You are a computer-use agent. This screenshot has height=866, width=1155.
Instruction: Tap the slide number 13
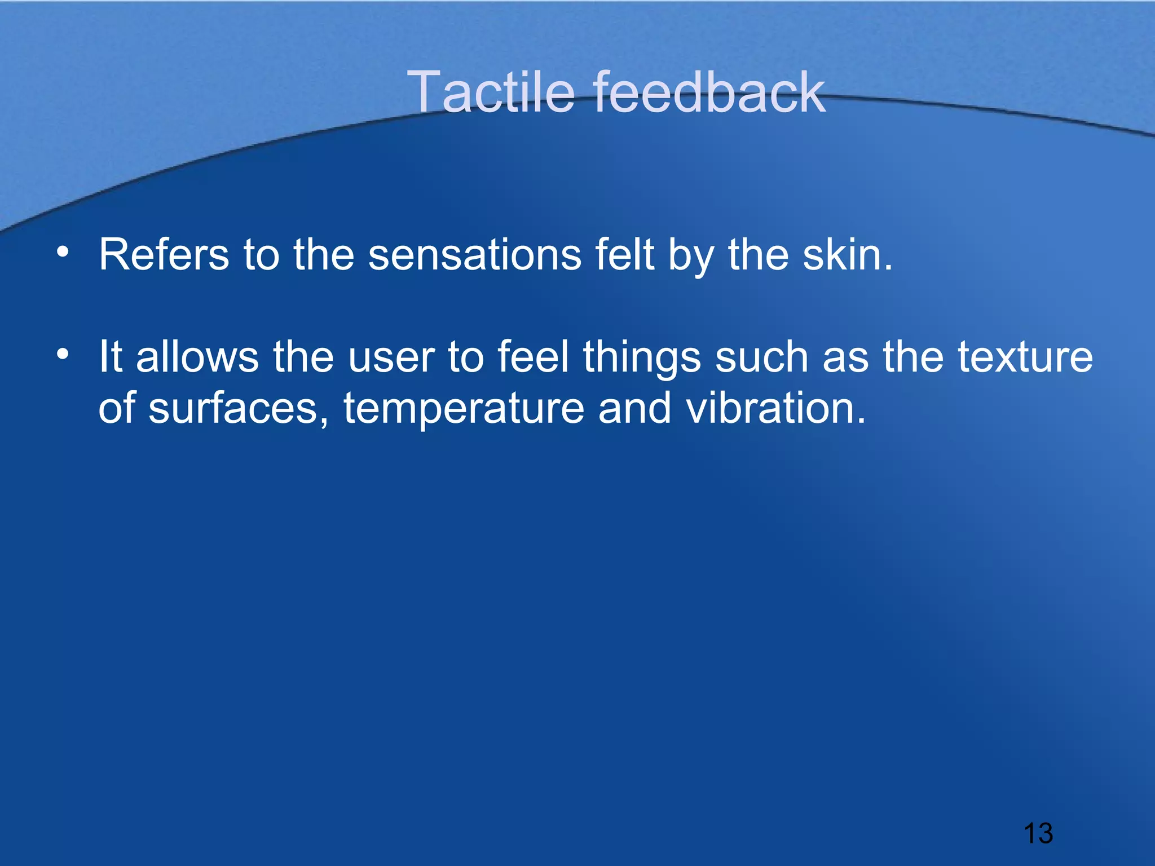[1038, 833]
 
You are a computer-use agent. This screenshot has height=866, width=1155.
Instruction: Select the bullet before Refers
[63, 252]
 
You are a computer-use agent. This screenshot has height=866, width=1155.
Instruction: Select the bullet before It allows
[63, 354]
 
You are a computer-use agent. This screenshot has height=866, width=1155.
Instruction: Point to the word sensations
[474, 255]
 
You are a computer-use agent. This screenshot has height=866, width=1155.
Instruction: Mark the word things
[642, 358]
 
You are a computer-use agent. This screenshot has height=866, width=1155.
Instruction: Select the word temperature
[464, 409]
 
